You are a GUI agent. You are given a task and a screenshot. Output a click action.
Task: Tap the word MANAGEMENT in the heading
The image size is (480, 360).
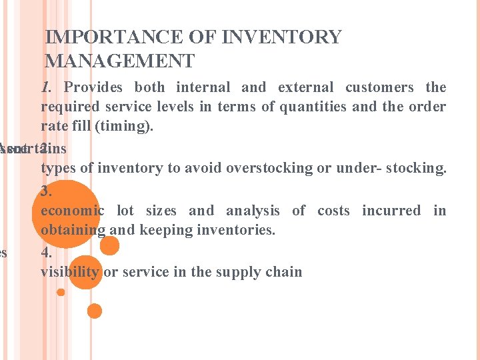[119, 61]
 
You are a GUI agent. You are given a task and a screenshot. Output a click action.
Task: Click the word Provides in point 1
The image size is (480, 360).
[93, 87]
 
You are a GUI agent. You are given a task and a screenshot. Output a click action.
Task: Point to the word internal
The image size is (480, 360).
[203, 87]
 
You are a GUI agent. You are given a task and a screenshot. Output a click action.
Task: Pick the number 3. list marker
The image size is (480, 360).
[46, 191]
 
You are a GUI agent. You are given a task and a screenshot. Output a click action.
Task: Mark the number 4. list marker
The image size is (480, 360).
[46, 253]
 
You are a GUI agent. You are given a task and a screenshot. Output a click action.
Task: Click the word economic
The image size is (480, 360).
[73, 211]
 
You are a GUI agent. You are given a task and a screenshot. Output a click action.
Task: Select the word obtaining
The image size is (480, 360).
[73, 231]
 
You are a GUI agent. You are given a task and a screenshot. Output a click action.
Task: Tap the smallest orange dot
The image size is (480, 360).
[61, 292]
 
